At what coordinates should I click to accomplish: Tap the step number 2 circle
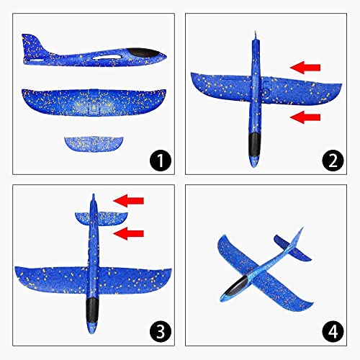coord(333,160)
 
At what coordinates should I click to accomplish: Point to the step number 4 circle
coord(333,333)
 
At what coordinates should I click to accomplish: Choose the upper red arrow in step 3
coord(130,201)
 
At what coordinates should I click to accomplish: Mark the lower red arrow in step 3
coord(130,232)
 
